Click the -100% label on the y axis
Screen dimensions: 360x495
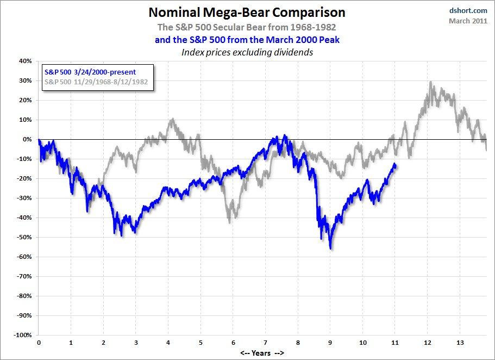[x=22, y=335]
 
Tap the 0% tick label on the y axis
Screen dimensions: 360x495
[x=27, y=139]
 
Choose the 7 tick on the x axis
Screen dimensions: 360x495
[x=266, y=344]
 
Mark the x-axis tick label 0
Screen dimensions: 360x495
[x=39, y=344]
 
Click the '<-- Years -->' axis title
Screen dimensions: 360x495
[x=262, y=353]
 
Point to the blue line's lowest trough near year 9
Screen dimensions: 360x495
[x=331, y=248]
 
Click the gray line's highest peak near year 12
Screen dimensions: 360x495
[x=430, y=83]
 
